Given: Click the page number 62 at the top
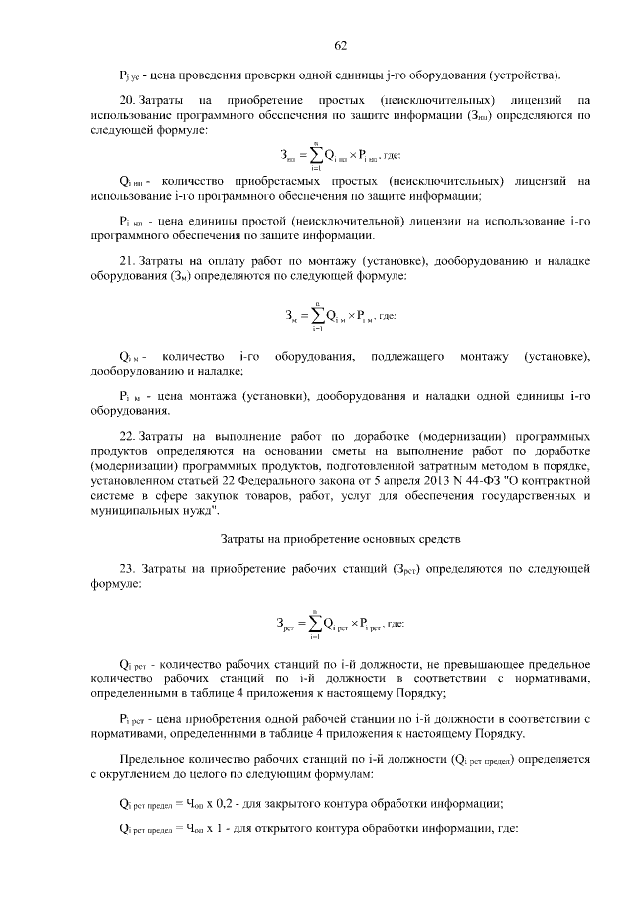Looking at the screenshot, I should [340, 45].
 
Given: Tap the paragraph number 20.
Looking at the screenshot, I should [126, 100].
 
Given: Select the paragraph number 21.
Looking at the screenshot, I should [126, 261].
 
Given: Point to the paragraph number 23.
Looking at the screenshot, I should [126, 569].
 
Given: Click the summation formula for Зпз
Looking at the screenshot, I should [339, 156].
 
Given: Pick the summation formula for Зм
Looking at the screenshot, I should [341, 317].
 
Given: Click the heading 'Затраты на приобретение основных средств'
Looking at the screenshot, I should [339, 539].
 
